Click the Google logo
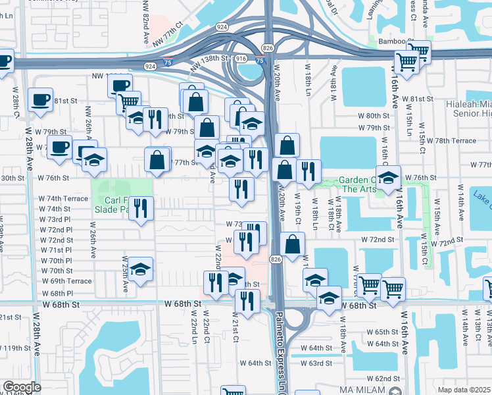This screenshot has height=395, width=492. [22, 387]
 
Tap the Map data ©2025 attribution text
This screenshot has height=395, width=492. [464, 390]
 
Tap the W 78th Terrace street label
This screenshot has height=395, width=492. [455, 141]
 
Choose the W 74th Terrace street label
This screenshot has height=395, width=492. [63, 198]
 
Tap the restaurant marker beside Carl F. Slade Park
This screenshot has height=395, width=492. [141, 209]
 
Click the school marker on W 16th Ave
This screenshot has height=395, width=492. [389, 177]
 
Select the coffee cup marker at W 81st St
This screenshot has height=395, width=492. [41, 99]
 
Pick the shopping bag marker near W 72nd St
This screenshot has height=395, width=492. [293, 244]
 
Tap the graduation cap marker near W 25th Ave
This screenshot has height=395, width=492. [141, 269]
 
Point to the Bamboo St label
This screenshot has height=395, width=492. [393, 41]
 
